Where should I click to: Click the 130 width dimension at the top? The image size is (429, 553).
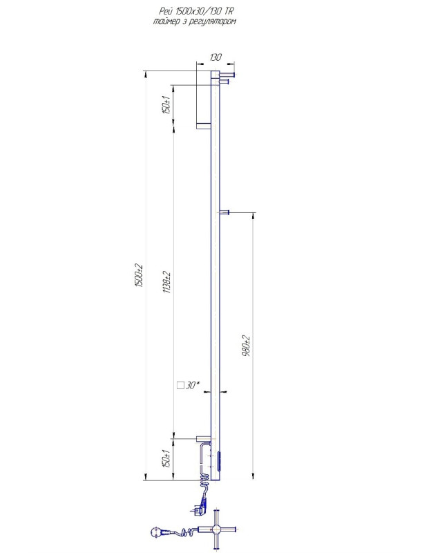point(216,57)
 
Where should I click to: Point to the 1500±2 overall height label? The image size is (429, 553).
point(139,275)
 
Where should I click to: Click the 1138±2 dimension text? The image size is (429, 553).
point(166,282)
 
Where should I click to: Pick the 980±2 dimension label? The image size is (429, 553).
point(247,346)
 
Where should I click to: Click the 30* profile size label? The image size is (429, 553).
point(193,385)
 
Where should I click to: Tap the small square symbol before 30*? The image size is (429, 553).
point(180,385)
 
